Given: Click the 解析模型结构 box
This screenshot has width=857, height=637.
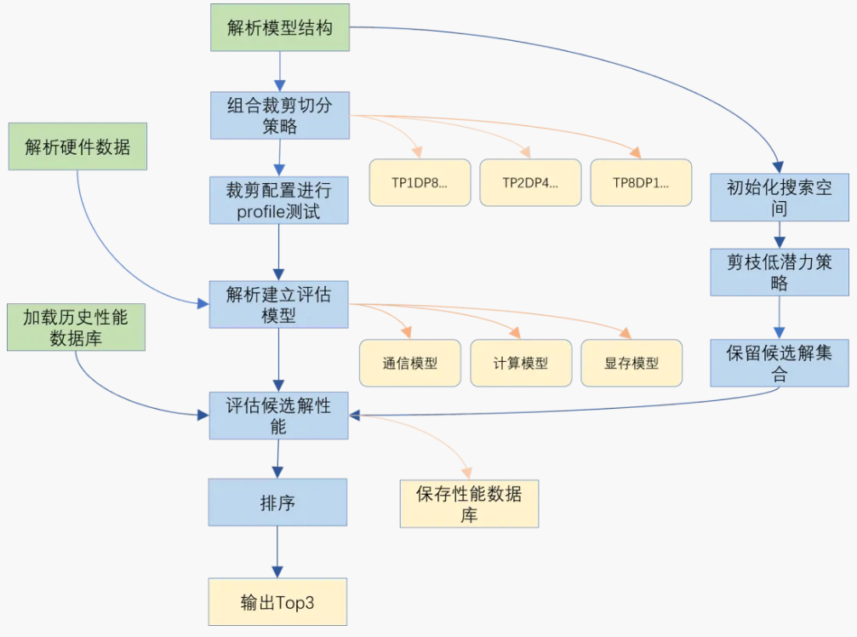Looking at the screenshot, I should pyautogui.click(x=279, y=27).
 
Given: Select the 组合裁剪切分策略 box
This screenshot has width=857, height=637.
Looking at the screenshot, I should pyautogui.click(x=279, y=116).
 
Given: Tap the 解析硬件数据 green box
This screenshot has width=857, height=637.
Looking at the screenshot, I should pyautogui.click(x=77, y=146).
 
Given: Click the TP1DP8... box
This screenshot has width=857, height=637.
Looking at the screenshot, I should pyautogui.click(x=420, y=182).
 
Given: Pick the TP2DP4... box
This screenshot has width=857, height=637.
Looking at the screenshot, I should pyautogui.click(x=530, y=182).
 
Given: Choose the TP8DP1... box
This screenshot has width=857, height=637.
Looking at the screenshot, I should pyautogui.click(x=641, y=182).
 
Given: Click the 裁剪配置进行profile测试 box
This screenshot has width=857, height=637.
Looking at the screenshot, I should pyautogui.click(x=279, y=200).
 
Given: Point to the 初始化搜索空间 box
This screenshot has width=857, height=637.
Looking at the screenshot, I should pyautogui.click(x=780, y=198).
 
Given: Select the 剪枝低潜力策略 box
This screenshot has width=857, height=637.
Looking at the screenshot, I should pyautogui.click(x=780, y=272).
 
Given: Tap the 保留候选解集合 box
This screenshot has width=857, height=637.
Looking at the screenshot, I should pyautogui.click(x=780, y=363).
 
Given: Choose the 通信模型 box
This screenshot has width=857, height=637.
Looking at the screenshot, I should pyautogui.click(x=410, y=363).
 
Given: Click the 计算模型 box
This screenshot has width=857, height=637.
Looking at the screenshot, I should pyautogui.click(x=521, y=363).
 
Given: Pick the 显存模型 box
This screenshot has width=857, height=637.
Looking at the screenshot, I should pyautogui.click(x=631, y=363).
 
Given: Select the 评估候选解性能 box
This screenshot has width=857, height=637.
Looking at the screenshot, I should pyautogui.click(x=279, y=416).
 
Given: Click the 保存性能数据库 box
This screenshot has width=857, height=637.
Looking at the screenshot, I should pyautogui.click(x=469, y=503).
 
